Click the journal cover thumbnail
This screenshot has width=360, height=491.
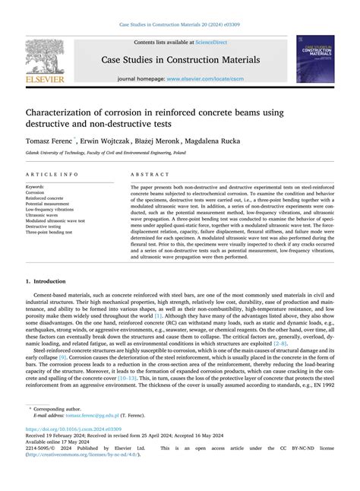[x=315, y=59]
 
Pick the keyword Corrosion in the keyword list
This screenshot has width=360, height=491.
[x=36, y=193]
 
